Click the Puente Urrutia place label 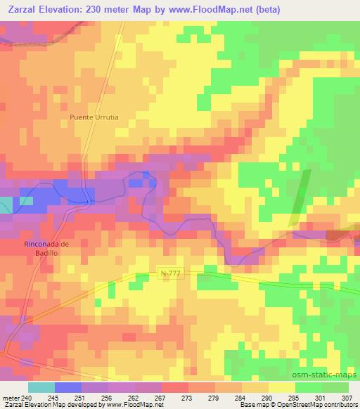coord(98,117)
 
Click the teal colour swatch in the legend coord(41,387)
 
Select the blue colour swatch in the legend coord(68,387)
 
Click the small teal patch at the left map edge coord(6,205)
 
